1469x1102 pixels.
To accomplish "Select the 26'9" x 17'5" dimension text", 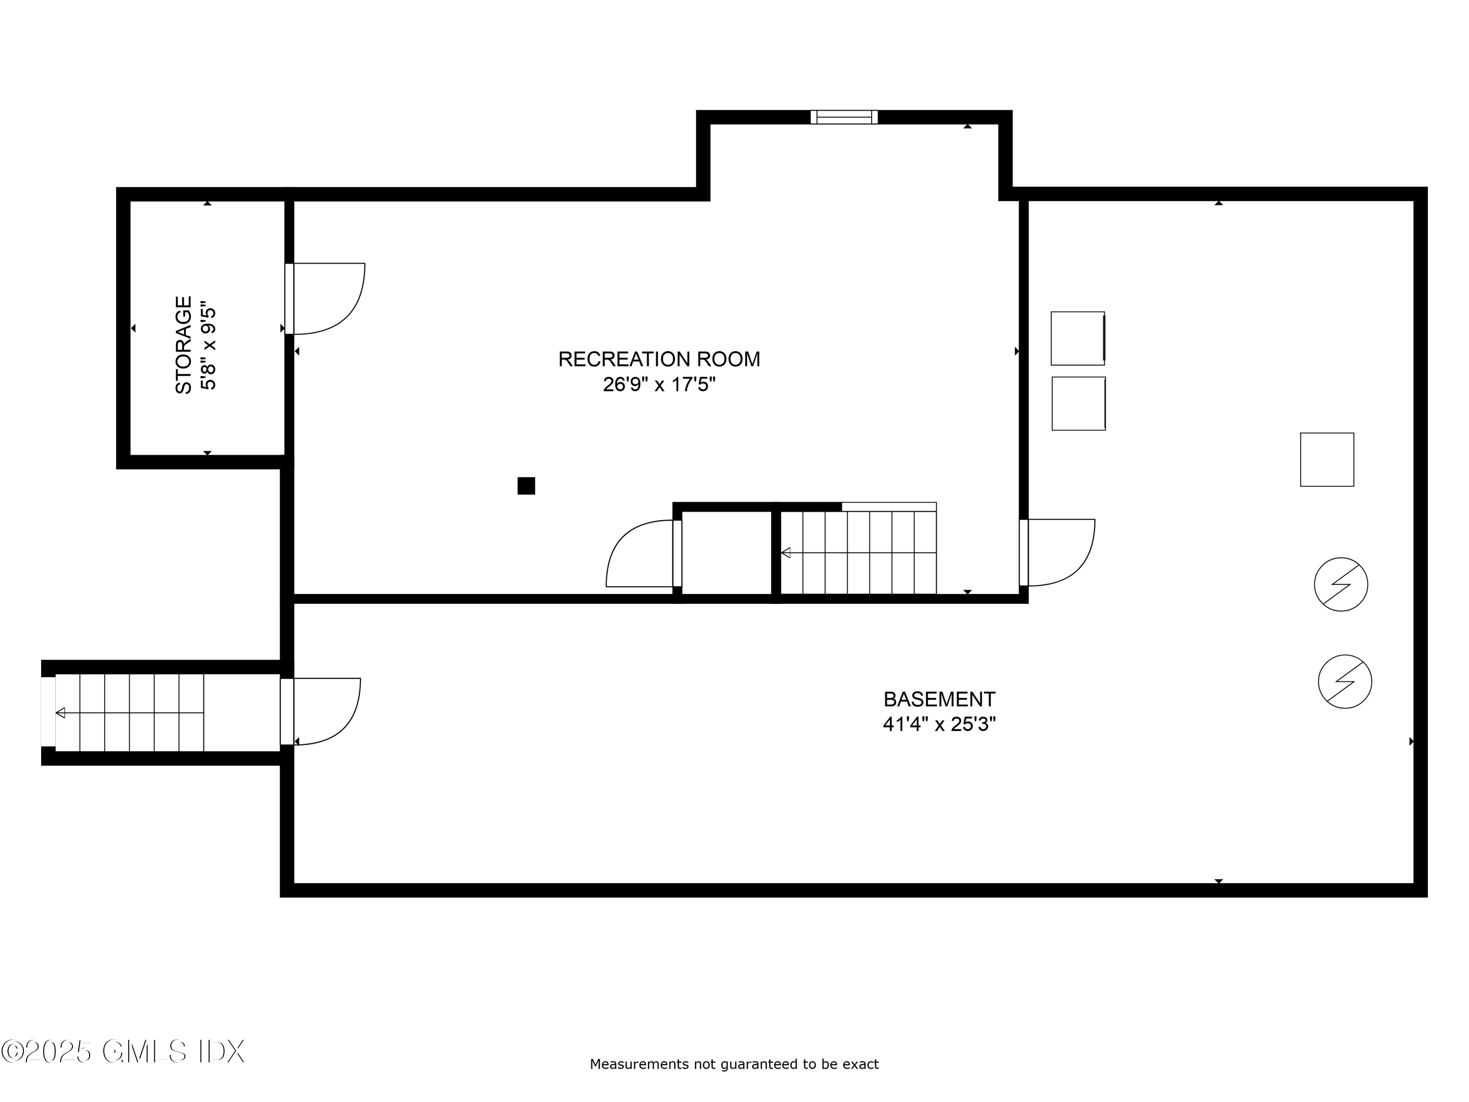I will (x=659, y=384).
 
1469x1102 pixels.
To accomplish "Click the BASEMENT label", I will (x=939, y=699).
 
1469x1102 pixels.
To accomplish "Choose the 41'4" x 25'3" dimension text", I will (x=939, y=724).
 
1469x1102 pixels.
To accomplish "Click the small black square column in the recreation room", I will (x=526, y=485).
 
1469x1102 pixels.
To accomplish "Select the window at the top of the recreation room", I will (x=844, y=118).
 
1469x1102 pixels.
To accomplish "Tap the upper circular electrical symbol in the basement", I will (x=1341, y=584).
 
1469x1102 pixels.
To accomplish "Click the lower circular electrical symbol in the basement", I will (x=1345, y=682).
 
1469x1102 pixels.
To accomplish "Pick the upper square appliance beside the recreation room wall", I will (x=1077, y=338).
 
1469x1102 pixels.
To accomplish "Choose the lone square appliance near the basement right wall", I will (x=1327, y=460).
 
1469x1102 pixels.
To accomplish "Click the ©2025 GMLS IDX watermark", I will (x=123, y=1052).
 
